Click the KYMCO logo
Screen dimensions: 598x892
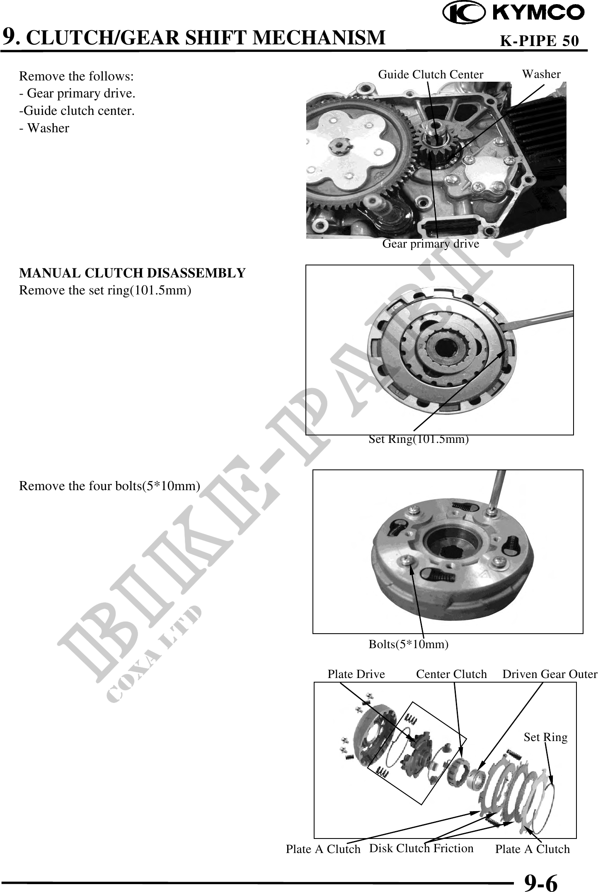click(x=513, y=13)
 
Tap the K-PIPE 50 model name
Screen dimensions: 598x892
click(x=539, y=41)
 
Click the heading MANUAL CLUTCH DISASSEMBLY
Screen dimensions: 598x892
click(x=133, y=273)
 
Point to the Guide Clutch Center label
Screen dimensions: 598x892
click(x=431, y=75)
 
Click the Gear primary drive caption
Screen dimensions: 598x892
click(x=431, y=244)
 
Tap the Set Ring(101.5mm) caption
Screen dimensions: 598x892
click(x=419, y=439)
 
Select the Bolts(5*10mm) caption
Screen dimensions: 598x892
click(x=409, y=644)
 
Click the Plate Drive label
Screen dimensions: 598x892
click(x=356, y=674)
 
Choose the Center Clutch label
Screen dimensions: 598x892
click(x=451, y=674)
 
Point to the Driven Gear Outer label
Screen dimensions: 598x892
click(x=550, y=674)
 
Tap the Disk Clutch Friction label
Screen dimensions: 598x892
click(x=421, y=848)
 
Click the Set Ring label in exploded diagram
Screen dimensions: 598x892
click(x=545, y=737)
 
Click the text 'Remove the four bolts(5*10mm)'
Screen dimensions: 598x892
click(x=110, y=486)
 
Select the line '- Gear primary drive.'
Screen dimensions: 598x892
click(x=77, y=94)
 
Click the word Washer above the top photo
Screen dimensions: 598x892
click(x=541, y=74)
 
